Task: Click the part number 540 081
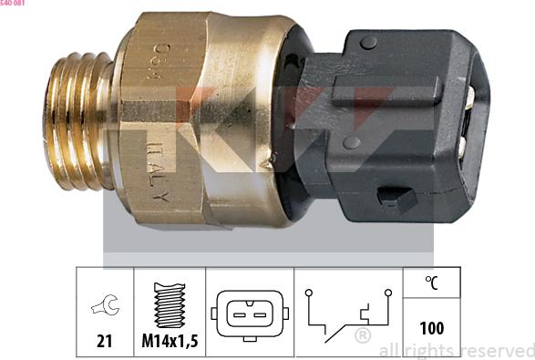point(18,4)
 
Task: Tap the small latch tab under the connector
point(393,195)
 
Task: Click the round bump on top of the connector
point(367,42)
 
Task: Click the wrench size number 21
point(104,342)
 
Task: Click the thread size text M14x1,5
point(170,342)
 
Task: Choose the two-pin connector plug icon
point(249,313)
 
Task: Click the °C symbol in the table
point(432,283)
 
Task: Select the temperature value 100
point(432,327)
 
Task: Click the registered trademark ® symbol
point(362,336)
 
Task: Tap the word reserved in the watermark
point(497,350)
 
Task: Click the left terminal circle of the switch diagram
point(309,293)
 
